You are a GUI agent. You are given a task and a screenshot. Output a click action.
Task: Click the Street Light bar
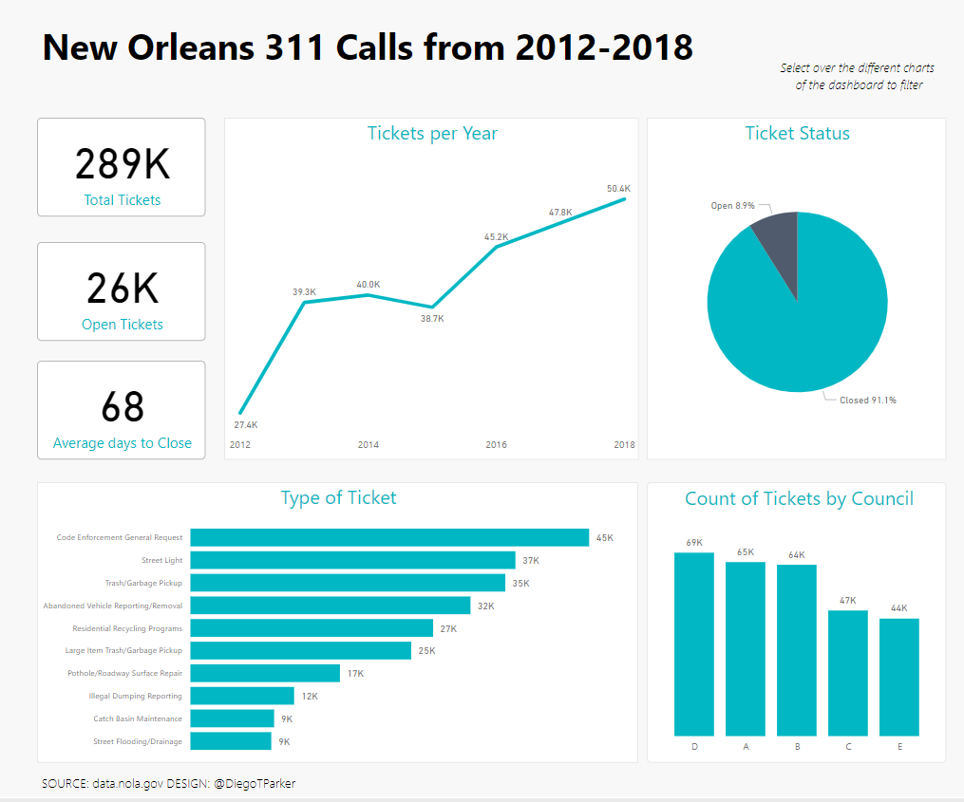click(x=352, y=560)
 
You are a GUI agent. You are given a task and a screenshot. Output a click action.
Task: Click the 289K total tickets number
click(x=122, y=164)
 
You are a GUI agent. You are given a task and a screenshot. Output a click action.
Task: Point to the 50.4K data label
click(x=618, y=189)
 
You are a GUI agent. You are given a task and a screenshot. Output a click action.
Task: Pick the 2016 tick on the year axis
click(x=496, y=444)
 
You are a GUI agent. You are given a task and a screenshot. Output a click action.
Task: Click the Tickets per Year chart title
click(x=432, y=133)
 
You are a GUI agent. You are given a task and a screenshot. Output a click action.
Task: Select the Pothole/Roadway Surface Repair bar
click(x=265, y=673)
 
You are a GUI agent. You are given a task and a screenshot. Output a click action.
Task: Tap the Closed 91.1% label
click(x=867, y=401)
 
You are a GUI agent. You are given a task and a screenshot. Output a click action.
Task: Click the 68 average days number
click(x=122, y=406)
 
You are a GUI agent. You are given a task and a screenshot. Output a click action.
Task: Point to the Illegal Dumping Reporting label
click(x=135, y=696)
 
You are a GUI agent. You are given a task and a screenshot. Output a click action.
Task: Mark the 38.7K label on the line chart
click(x=432, y=319)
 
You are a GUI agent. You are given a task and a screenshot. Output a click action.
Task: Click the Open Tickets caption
click(x=122, y=325)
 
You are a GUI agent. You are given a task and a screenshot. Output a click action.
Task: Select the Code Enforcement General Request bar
click(x=389, y=537)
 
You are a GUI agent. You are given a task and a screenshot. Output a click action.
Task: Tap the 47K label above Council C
click(x=848, y=600)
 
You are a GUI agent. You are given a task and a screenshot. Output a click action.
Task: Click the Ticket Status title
click(x=797, y=133)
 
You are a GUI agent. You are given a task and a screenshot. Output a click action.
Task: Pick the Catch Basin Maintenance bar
click(x=232, y=718)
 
